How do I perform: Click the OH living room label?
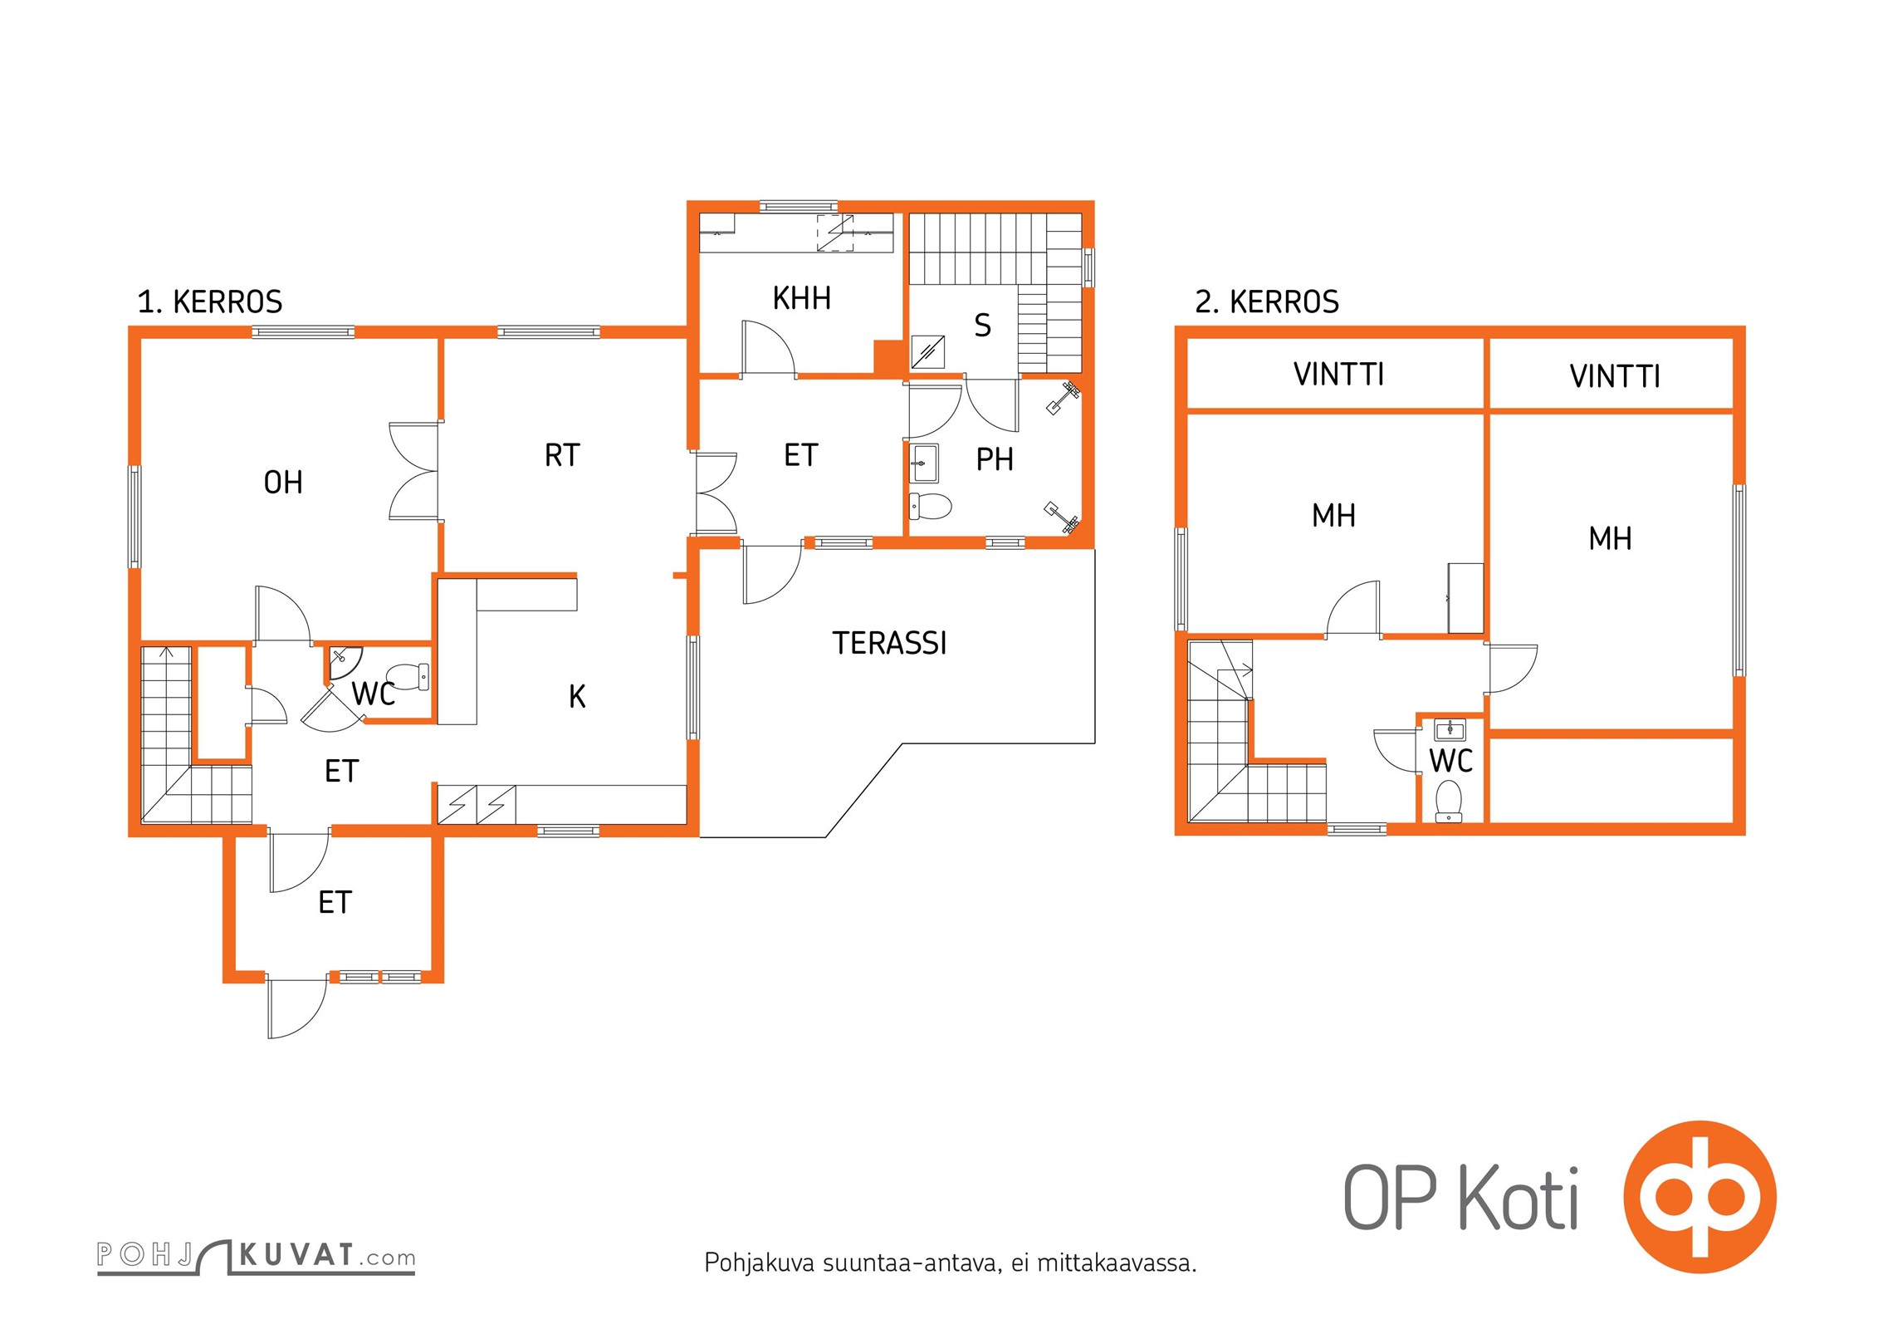[283, 483]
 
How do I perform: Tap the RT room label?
[562, 455]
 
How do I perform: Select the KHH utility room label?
[801, 298]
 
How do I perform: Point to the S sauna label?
[982, 326]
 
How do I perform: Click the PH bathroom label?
[995, 459]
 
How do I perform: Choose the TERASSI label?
[889, 643]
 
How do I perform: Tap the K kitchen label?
[577, 697]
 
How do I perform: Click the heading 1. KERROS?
[210, 302]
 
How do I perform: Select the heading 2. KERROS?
[1267, 302]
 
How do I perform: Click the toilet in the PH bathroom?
[931, 505]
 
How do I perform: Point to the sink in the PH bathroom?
[924, 463]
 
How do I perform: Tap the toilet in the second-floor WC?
[1449, 800]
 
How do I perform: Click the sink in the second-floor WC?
[1450, 730]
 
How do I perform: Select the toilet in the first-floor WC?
[408, 676]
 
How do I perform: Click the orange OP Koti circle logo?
[1699, 1197]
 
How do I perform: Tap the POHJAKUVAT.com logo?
[256, 1257]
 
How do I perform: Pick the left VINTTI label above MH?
[1338, 375]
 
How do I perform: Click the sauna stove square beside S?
[928, 351]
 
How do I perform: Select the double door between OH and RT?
[414, 472]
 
